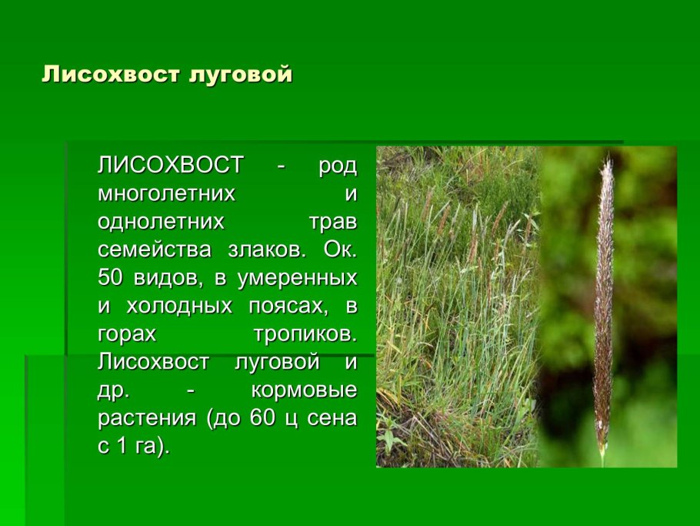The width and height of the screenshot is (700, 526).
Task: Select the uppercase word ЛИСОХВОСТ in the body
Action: coord(171,166)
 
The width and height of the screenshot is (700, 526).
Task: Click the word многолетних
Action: coord(165,194)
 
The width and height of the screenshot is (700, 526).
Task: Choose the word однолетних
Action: coord(161,222)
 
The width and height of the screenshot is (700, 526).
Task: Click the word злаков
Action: coord(265,250)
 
